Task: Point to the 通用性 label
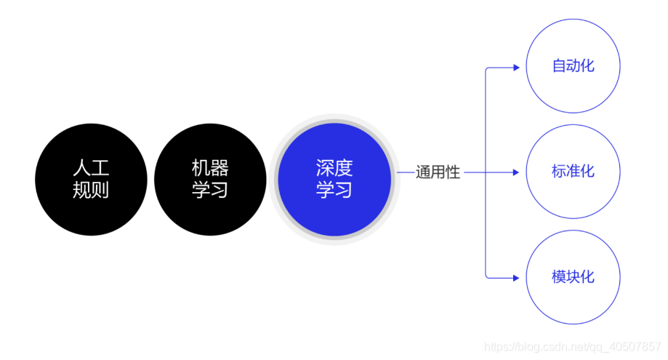coord(438,173)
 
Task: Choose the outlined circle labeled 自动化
coord(573,65)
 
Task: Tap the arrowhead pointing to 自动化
coord(516,68)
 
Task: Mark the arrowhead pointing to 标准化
coord(516,173)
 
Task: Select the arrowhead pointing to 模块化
coord(516,278)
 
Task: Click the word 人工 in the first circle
coord(91,169)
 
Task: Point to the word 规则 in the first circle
coord(91,191)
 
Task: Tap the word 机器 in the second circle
coord(210,169)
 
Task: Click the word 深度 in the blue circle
coord(334,169)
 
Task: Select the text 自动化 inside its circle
coord(573,66)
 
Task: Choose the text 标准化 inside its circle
coord(573,172)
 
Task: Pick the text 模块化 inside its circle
coord(573,277)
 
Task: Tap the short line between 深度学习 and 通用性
coord(405,173)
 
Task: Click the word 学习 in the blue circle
coord(334,191)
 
